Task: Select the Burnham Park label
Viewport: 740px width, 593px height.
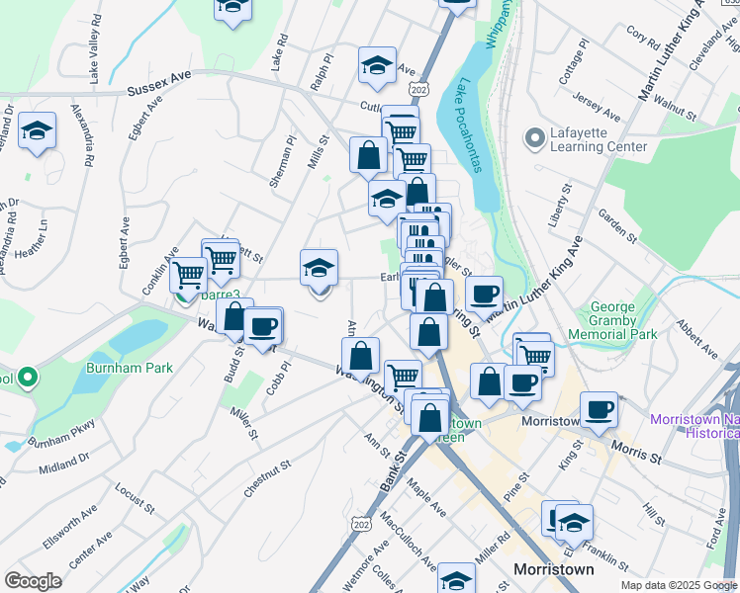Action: tap(139, 369)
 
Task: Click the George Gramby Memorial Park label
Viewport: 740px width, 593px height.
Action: tap(623, 320)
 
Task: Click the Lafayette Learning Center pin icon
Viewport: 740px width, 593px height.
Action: tap(535, 137)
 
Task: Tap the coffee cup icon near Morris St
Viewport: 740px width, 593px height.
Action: tap(599, 409)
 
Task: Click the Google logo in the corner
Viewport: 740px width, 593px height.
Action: tap(33, 581)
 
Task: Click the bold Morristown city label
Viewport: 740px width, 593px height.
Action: tap(554, 570)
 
